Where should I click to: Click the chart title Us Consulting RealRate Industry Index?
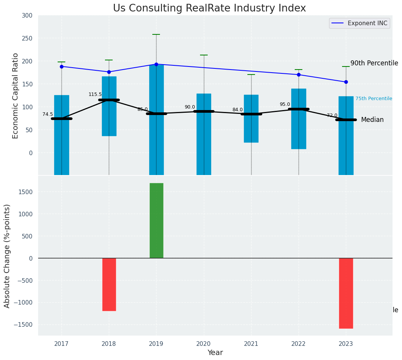tap(209, 8)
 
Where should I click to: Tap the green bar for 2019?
tap(157, 221)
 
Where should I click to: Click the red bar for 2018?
tap(109, 284)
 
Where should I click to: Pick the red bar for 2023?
tap(346, 293)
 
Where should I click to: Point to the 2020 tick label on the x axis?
tap(204, 344)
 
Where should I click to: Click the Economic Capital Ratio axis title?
tap(16, 96)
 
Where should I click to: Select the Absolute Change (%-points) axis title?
tap(7, 256)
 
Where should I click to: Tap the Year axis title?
tap(215, 353)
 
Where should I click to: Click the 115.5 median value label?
tap(95, 94)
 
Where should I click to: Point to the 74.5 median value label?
tap(48, 114)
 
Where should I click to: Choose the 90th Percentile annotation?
tap(374, 63)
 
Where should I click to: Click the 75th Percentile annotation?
tap(373, 99)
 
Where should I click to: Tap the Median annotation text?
tap(372, 120)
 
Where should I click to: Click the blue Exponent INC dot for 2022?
tap(299, 75)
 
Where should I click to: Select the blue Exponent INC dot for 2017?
tap(61, 66)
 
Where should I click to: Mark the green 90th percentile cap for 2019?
tap(156, 34)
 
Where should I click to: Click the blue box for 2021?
tap(251, 118)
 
